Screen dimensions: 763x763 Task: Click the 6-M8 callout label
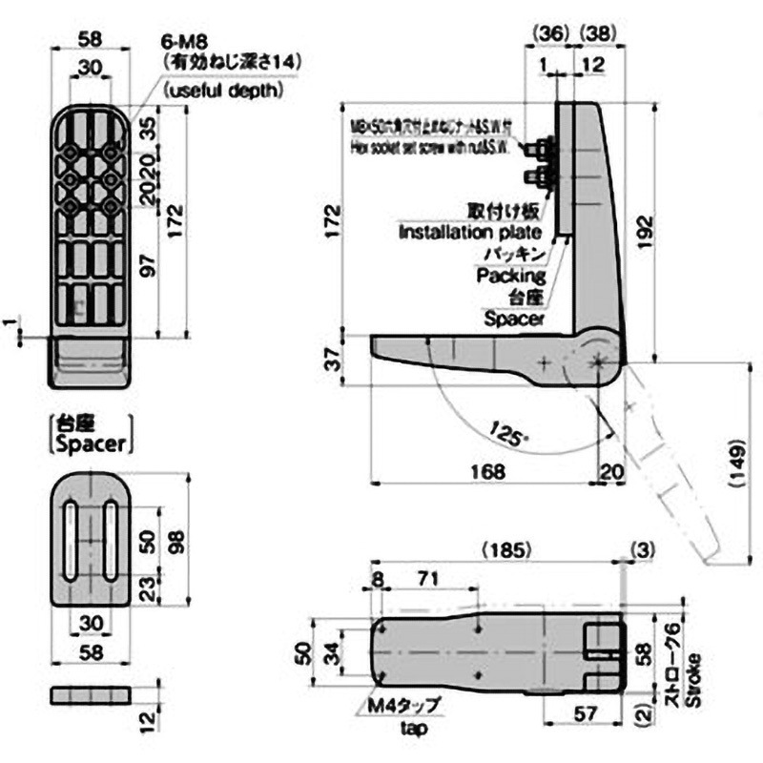point(182,42)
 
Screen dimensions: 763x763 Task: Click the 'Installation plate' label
point(469,232)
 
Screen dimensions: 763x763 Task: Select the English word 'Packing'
point(511,276)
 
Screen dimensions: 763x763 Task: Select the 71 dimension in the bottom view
point(427,578)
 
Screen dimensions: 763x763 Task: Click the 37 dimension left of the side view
point(331,359)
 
